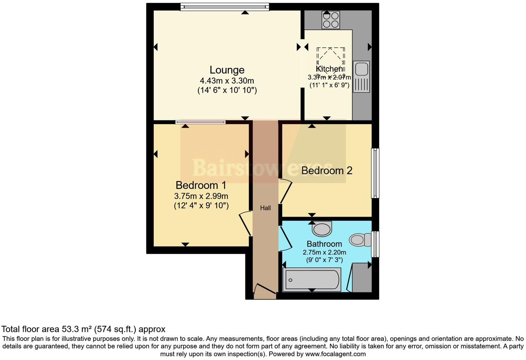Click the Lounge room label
pyautogui.click(x=227, y=70)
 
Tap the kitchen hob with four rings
pyautogui.click(x=330, y=20)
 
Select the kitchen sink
pyautogui.click(x=361, y=69)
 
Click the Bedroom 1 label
pyautogui.click(x=201, y=185)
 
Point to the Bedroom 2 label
pyautogui.click(x=327, y=170)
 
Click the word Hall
pyautogui.click(x=265, y=208)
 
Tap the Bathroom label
pyautogui.click(x=324, y=244)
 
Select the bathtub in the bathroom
pyautogui.click(x=312, y=280)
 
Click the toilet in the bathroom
pyautogui.click(x=360, y=240)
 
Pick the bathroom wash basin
pyautogui.click(x=322, y=229)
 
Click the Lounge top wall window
pyautogui.click(x=225, y=7)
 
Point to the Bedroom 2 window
pyautogui.click(x=375, y=173)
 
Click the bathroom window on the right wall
pyautogui.click(x=375, y=244)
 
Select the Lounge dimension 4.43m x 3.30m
pyautogui.click(x=227, y=81)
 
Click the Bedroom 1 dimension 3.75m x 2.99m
pyautogui.click(x=201, y=196)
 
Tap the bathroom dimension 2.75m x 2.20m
pyautogui.click(x=324, y=252)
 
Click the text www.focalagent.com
pyautogui.click(x=335, y=354)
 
